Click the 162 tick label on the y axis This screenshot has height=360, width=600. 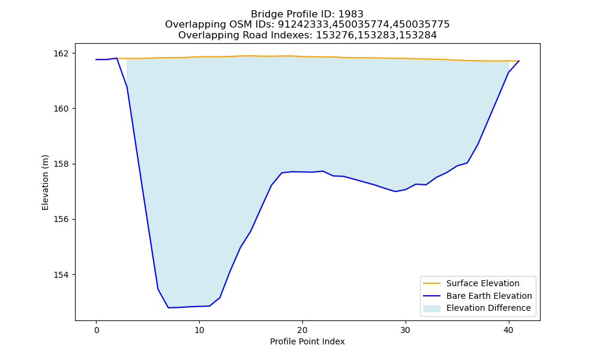coord(62,53)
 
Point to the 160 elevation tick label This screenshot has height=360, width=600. coord(62,109)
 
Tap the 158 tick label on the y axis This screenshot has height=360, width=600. coord(62,164)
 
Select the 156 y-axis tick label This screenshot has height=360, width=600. coord(62,220)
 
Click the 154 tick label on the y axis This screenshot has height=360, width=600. coord(62,275)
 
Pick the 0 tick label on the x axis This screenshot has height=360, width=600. coord(97,330)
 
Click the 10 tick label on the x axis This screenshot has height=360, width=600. coord(199,330)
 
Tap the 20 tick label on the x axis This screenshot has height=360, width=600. coord(302,330)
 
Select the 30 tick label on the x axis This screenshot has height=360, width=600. coord(406,330)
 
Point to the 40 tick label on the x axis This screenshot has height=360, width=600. coord(509,330)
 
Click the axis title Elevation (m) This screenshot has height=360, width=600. coord(45,182)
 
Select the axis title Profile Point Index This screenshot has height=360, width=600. coord(307,341)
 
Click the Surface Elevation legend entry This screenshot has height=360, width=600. coord(482,283)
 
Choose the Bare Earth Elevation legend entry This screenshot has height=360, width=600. coord(489,296)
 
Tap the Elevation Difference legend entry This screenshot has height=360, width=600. coord(488,308)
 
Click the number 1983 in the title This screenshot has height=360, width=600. coord(351,14)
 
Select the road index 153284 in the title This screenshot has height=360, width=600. coord(418,35)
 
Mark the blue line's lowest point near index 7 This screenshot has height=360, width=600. coord(169,308)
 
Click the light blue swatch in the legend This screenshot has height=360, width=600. coord(431,308)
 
